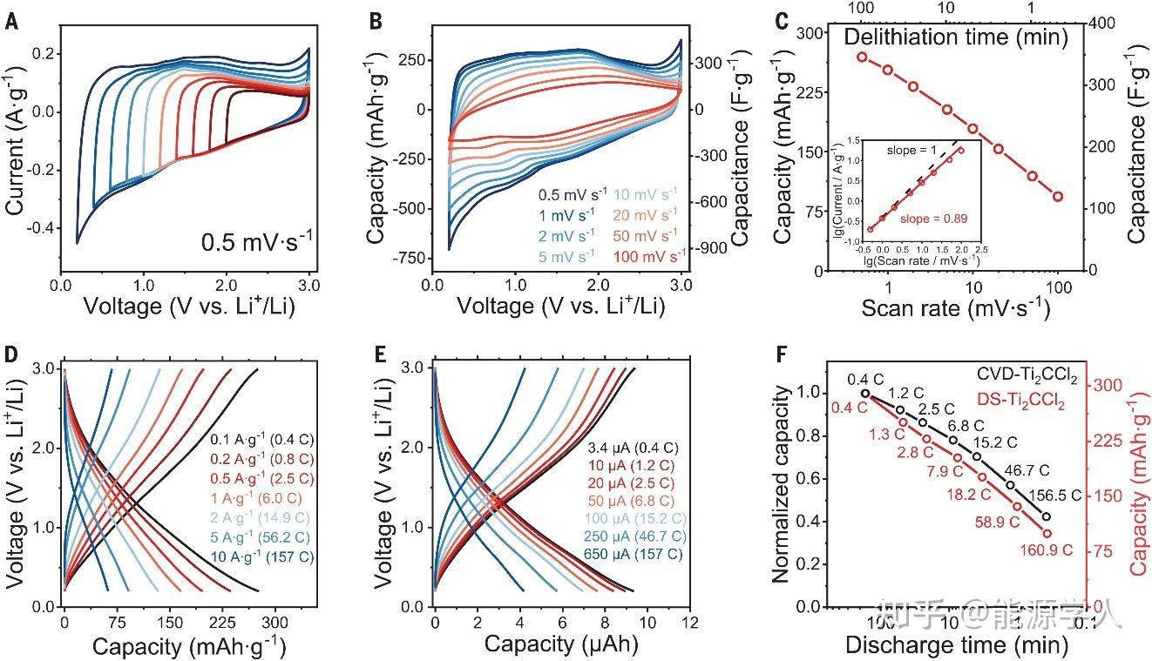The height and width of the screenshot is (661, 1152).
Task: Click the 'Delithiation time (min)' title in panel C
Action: (x=957, y=37)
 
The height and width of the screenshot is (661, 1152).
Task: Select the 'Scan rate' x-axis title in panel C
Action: (x=954, y=308)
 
